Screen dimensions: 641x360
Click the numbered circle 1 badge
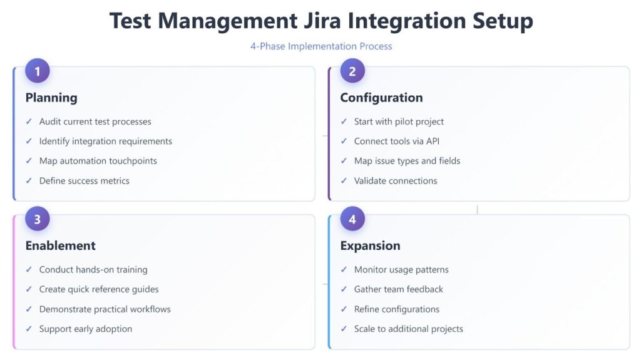point(37,71)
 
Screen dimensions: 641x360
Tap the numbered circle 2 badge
point(352,71)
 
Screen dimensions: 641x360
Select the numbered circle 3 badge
point(37,219)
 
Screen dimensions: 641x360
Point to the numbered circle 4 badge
point(352,219)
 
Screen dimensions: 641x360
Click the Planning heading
point(51,98)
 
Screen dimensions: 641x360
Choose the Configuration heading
point(381,98)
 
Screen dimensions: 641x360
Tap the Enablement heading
point(61,245)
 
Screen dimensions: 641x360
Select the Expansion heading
point(371,246)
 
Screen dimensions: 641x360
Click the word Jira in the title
point(321,21)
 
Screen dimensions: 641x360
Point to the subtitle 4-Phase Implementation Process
point(321,46)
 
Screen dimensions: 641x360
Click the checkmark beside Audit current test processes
point(29,121)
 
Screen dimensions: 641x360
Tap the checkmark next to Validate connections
point(344,180)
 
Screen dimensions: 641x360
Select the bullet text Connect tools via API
point(396,141)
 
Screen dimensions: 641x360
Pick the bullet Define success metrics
point(85,181)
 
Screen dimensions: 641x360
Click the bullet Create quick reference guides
point(99,289)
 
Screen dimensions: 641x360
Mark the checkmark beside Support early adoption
point(29,329)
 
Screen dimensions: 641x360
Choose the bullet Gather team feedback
point(399,289)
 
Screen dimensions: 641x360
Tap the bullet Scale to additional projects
point(408,329)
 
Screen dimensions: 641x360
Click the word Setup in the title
point(503,21)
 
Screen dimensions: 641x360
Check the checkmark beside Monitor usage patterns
point(344,270)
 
